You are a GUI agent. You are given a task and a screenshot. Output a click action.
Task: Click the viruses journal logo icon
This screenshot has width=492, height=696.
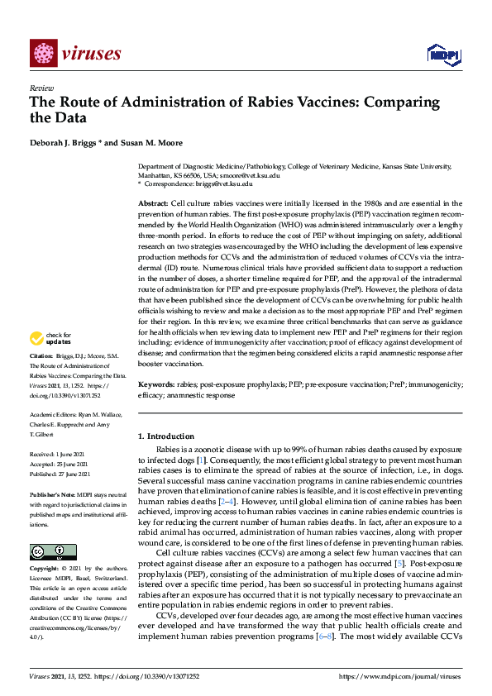pyautogui.click(x=42, y=54)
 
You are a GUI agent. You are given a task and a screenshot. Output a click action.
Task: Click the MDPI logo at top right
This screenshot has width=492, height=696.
pyautogui.click(x=443, y=55)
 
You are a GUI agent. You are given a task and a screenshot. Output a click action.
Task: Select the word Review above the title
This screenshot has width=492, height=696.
pyautogui.click(x=41, y=87)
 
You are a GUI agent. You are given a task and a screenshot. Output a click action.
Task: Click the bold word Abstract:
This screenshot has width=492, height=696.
pyautogui.click(x=153, y=203)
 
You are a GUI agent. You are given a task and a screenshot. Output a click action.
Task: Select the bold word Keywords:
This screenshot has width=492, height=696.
pyautogui.click(x=156, y=384)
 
